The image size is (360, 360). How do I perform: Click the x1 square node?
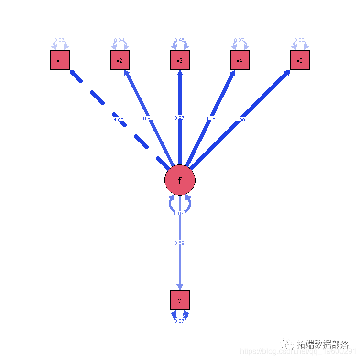coord(60,60)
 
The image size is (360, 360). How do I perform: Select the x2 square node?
coord(120,60)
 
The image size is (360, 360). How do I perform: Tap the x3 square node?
coord(180,60)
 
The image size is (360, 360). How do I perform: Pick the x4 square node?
coord(240,60)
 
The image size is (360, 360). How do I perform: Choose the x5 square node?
coord(300,60)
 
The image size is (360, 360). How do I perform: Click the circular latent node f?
coord(180,180)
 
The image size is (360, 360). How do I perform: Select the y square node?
coord(180,300)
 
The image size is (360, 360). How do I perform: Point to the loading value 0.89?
coord(148,118)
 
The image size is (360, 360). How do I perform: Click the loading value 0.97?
coord(180,118)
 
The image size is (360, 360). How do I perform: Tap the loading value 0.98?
coord(210,118)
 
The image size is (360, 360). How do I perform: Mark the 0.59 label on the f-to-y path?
coord(179,243)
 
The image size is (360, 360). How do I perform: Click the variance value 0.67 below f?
coord(179,213)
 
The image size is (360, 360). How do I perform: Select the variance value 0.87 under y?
coord(179,321)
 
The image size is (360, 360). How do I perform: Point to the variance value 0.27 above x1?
coord(59,40)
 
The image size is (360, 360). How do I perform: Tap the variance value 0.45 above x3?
coord(179,40)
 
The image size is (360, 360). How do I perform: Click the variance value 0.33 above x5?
coord(299,40)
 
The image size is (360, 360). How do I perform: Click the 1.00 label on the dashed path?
coord(119,120)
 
